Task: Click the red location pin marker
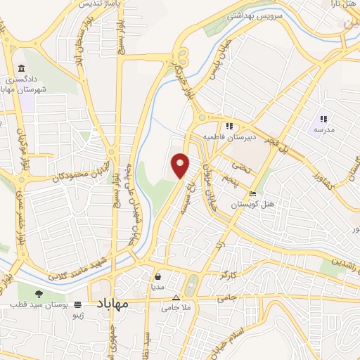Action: (181, 165)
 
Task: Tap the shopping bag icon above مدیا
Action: (158, 276)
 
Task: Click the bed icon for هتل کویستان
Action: (252, 193)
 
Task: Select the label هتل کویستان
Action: (252, 205)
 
